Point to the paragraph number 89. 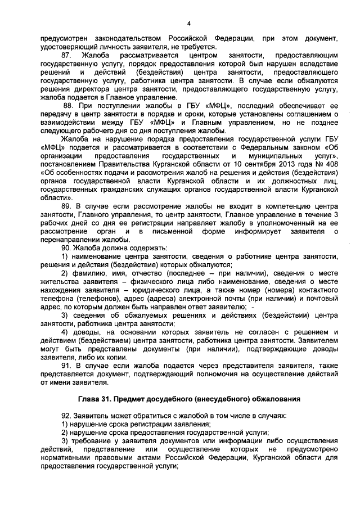67,207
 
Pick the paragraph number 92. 67,416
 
